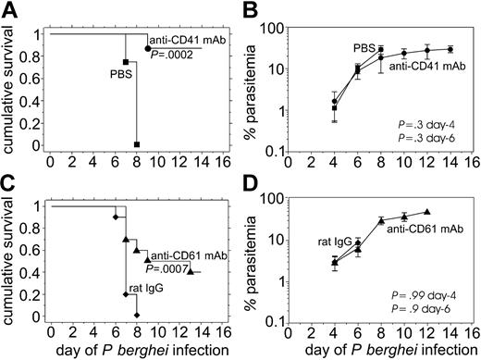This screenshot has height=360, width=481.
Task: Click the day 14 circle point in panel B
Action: tap(450, 49)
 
